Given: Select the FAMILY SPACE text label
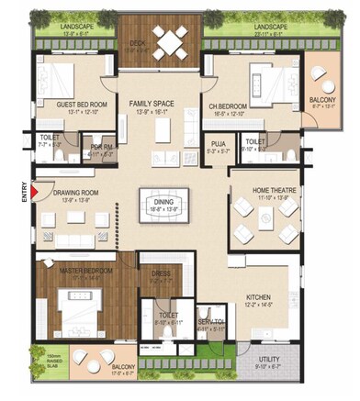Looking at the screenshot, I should tap(152, 104).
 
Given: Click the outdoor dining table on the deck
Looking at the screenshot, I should tap(171, 40).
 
